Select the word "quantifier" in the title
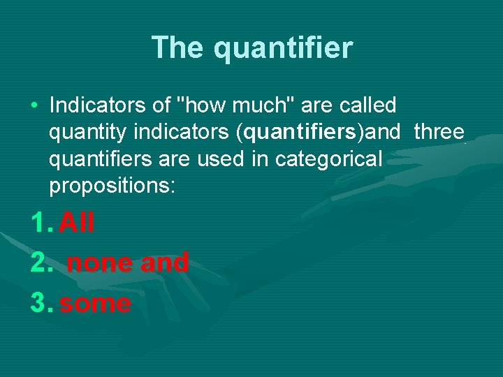pos(283,48)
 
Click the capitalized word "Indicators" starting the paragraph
pos(100,105)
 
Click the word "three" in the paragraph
pos(439,132)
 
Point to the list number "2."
pos(41,263)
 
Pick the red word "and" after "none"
pos(164,263)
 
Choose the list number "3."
pos(41,304)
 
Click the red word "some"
pos(95,304)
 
